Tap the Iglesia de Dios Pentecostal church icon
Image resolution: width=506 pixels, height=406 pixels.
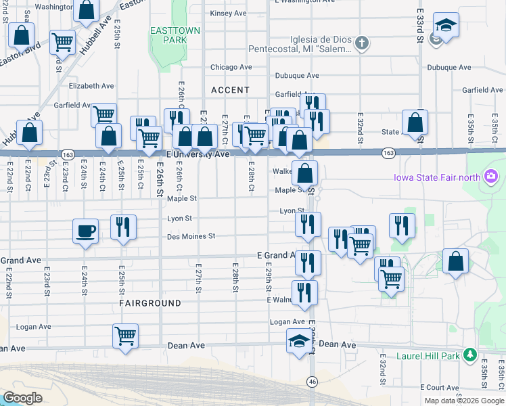click(362, 44)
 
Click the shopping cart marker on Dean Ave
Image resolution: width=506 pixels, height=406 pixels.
click(126, 336)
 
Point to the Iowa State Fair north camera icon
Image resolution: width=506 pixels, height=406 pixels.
click(491, 177)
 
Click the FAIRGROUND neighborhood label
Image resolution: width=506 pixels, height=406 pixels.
click(150, 304)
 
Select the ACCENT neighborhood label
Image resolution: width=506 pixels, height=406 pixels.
click(230, 90)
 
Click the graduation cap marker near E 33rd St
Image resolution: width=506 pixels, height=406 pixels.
click(445, 26)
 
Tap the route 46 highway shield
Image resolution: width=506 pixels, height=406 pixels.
click(312, 382)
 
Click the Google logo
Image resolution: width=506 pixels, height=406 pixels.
click(22, 398)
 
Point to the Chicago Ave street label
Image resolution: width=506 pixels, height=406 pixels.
click(231, 68)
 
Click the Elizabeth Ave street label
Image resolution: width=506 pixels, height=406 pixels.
click(91, 86)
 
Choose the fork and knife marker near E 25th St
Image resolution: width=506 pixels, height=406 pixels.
click(123, 227)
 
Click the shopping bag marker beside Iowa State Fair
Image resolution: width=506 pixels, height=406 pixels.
click(457, 263)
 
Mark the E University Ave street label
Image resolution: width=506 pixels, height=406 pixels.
click(199, 154)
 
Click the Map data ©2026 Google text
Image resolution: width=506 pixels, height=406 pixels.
click(464, 401)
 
